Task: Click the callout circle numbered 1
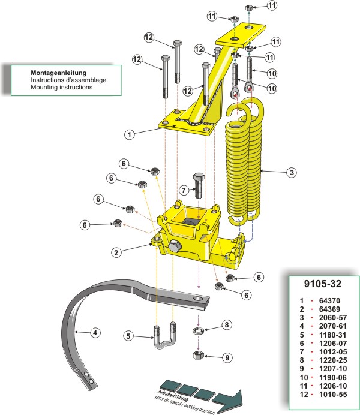(x=129, y=135)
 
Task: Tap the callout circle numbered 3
(x=290, y=173)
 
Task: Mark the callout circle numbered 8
(x=226, y=325)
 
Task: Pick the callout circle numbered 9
(x=226, y=358)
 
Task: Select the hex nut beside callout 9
(x=199, y=356)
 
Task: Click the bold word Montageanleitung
(x=59, y=72)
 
